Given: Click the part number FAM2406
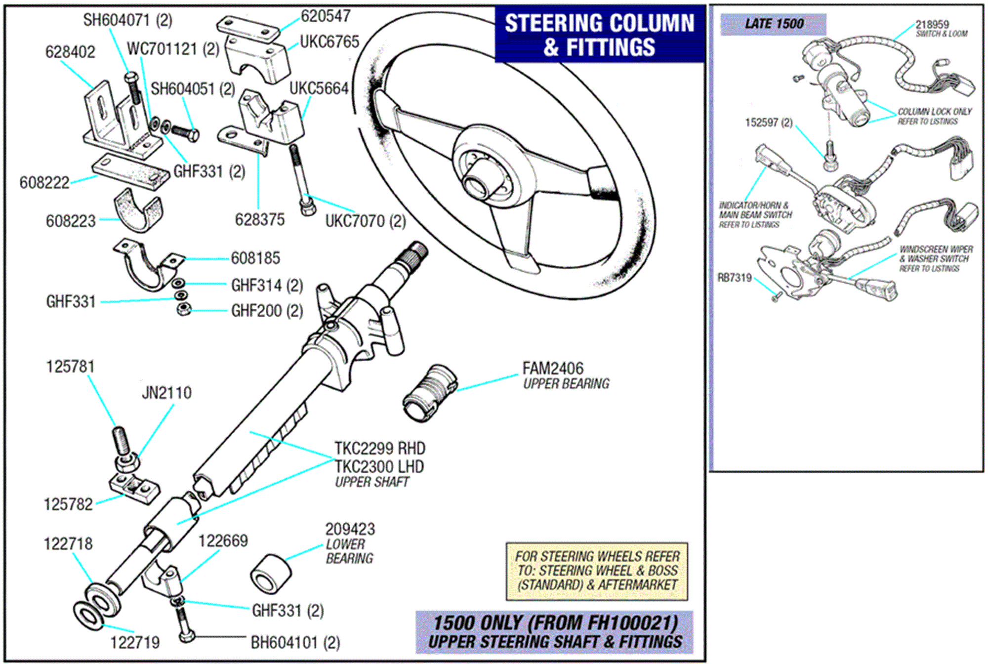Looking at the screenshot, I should coord(552,368).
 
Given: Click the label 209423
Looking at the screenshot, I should coord(350,529).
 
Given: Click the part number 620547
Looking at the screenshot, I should coord(326,16).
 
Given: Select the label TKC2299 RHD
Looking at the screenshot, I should coord(379,449).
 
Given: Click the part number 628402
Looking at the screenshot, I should coord(70,52).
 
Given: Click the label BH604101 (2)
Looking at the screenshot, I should coord(295,643).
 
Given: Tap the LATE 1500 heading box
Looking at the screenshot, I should coord(773,24).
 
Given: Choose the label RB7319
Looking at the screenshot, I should coord(734,278).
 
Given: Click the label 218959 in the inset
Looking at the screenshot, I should coord(932,24).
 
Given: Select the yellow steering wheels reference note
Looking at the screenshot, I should coord(596,571).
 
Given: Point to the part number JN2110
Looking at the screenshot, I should coord(166,393).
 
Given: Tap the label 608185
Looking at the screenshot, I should coord(255,258).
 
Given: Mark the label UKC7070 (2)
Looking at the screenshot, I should coord(365,221).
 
